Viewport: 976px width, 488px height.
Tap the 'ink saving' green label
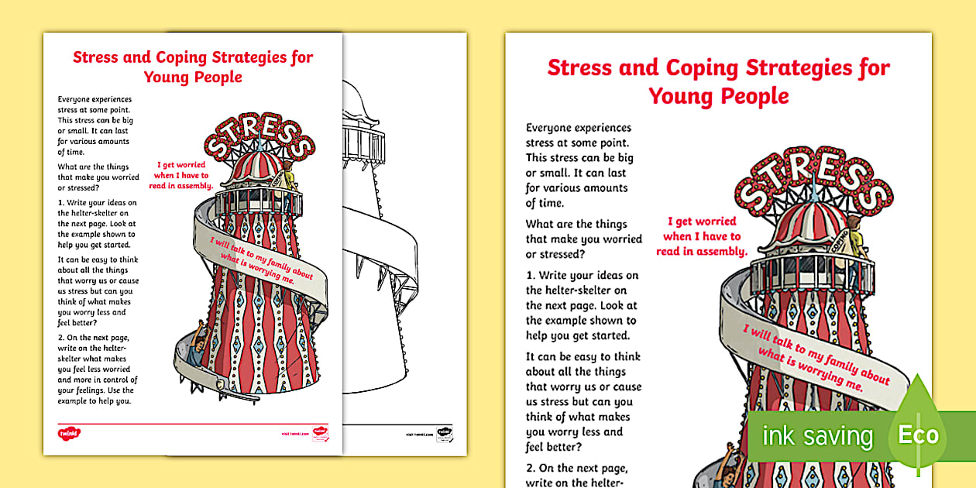(816, 436)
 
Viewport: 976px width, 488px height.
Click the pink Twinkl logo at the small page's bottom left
(70, 433)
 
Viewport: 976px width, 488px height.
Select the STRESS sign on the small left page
(259, 139)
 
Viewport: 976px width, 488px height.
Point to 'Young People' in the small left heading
(193, 77)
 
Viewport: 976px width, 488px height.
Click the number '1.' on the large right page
(531, 276)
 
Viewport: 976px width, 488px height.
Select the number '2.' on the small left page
(61, 337)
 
